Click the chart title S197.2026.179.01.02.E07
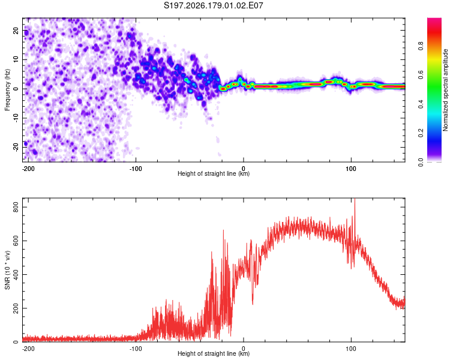click(x=213, y=5)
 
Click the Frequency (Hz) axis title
click(x=7, y=90)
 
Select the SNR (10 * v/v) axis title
click(x=7, y=270)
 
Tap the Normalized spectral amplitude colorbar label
click(x=445, y=90)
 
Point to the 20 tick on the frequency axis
click(x=16, y=31)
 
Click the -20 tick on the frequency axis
click(x=16, y=147)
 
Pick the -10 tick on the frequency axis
click(x=16, y=118)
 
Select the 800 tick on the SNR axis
click(x=16, y=207)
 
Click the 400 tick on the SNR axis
click(x=16, y=274)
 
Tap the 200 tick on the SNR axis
click(x=16, y=308)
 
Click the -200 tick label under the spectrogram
click(x=28, y=169)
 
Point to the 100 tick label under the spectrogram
click(x=351, y=169)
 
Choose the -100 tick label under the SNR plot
click(x=136, y=349)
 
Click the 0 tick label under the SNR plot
click(x=244, y=349)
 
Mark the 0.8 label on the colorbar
click(x=421, y=46)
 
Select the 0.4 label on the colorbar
click(x=421, y=104)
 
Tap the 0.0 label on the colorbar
click(x=421, y=163)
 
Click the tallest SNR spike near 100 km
click(x=355, y=200)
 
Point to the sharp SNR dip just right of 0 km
click(x=253, y=304)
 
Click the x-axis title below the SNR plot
click(x=214, y=353)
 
